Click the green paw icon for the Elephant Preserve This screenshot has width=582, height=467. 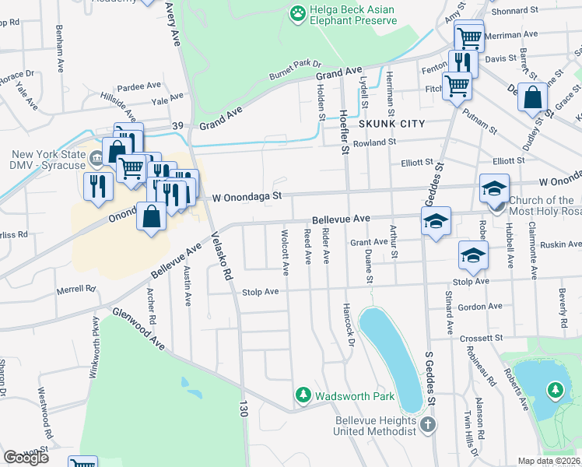296,12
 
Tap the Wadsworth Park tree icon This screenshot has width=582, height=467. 303,396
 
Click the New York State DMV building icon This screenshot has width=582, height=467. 96,159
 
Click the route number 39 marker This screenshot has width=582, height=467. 177,125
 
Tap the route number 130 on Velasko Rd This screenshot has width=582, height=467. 244,407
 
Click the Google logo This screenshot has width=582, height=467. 26,457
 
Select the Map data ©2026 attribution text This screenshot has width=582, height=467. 549,461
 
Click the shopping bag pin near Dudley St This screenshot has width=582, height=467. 533,99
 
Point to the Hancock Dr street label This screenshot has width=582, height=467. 350,321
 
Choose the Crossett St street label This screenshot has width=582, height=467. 482,339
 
